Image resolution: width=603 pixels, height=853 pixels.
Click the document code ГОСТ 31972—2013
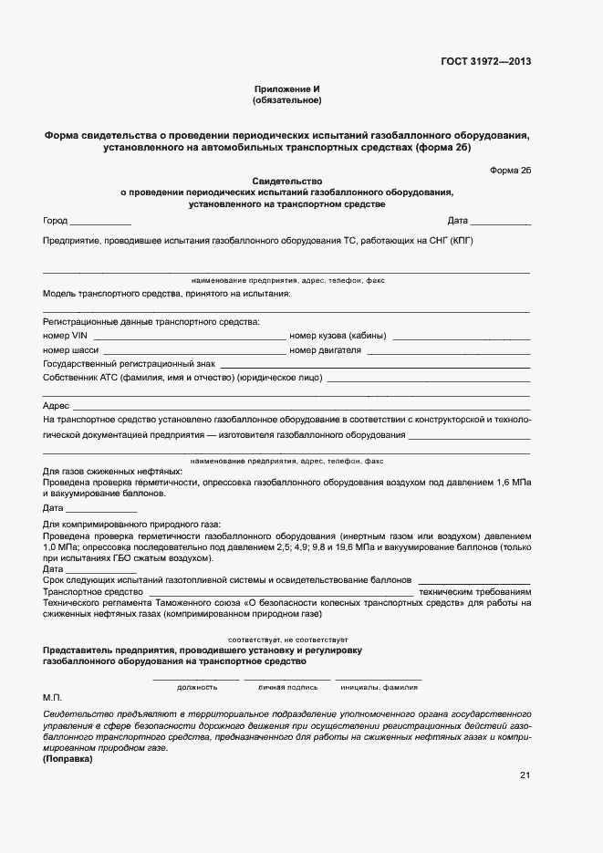[486, 61]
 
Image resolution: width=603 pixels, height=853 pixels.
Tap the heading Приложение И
[287, 88]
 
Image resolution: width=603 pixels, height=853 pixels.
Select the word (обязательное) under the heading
[287, 99]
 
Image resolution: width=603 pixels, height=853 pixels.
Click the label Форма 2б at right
[510, 169]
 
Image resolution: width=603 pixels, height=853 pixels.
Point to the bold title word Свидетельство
[287, 181]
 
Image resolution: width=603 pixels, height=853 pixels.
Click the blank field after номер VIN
[189, 338]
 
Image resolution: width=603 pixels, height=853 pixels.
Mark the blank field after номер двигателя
[449, 352]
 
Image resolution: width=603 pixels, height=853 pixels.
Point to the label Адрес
[56, 405]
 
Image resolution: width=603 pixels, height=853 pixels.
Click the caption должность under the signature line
[197, 687]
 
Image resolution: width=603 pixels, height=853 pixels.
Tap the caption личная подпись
[287, 687]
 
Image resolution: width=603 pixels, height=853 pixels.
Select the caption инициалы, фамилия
[379, 687]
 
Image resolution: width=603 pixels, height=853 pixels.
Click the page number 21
[525, 775]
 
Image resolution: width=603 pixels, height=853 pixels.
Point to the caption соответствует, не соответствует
[287, 640]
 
